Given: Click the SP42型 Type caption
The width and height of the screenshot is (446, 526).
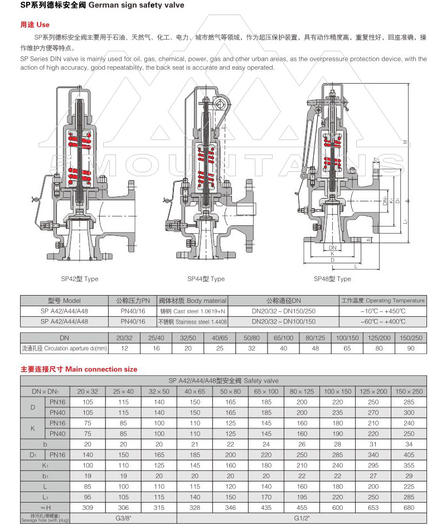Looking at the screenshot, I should coord(79,279).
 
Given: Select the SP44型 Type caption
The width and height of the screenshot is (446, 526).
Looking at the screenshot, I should coord(206,279).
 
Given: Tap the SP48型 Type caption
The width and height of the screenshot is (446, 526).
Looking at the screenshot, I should coord(332,279).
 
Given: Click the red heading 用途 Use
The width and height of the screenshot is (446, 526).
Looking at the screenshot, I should coord(35,25).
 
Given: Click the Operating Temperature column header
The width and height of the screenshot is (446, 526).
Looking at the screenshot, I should coord(383,301).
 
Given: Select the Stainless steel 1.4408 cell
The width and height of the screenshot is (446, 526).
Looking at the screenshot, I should coord(193,322).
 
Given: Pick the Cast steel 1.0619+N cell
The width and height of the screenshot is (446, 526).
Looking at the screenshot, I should coord(193,311).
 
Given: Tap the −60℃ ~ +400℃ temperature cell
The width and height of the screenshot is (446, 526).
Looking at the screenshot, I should coord(383,322).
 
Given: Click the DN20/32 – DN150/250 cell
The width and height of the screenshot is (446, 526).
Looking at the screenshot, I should coord(283,311).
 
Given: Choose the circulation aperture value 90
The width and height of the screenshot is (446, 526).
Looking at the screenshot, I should coord(411,348).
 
